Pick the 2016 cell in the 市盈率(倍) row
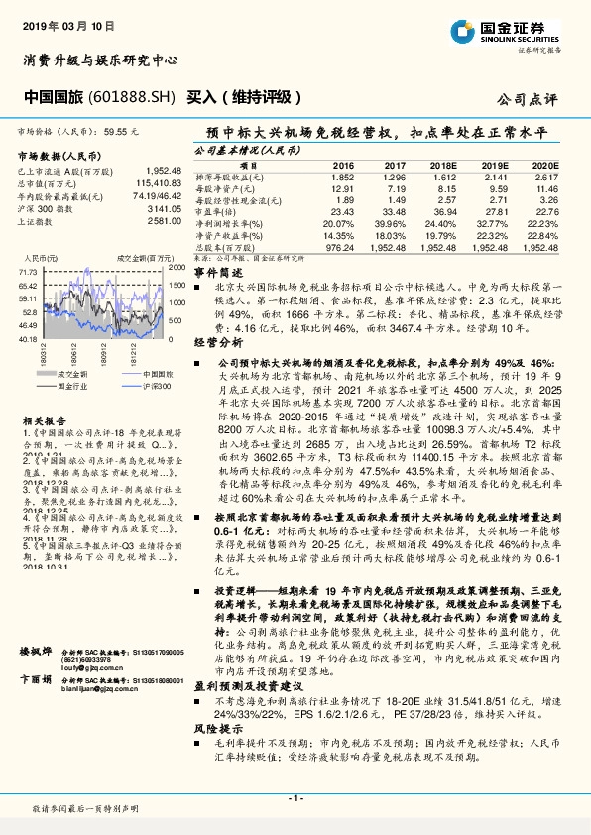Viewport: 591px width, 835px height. pos(342,211)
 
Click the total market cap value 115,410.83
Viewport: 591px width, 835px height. pos(149,183)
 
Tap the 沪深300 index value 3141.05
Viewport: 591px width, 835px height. pos(155,209)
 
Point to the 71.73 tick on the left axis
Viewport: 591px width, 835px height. pos(28,270)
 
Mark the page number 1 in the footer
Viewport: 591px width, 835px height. pos(295,797)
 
